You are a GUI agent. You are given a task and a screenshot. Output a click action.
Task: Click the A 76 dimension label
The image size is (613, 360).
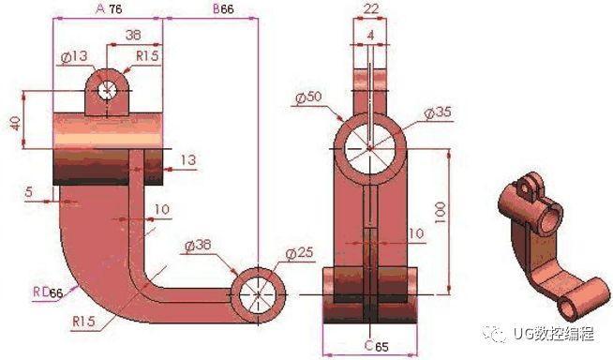(109, 8)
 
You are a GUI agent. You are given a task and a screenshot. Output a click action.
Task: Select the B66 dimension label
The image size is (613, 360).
(223, 8)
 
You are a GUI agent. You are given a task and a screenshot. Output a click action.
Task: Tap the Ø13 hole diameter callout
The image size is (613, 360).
(75, 57)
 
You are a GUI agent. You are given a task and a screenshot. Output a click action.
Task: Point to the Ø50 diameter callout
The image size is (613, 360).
(309, 97)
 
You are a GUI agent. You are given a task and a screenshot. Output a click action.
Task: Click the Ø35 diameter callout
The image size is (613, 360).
(438, 112)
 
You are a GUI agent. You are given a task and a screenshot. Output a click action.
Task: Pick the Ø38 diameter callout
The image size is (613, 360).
(198, 246)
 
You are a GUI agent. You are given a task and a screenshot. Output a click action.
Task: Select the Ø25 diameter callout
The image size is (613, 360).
(299, 253)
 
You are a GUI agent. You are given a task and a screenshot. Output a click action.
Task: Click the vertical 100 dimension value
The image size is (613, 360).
(440, 212)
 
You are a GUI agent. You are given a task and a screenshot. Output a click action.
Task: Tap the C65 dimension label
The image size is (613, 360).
(377, 346)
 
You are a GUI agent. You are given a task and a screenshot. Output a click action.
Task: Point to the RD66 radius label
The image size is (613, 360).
(48, 292)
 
